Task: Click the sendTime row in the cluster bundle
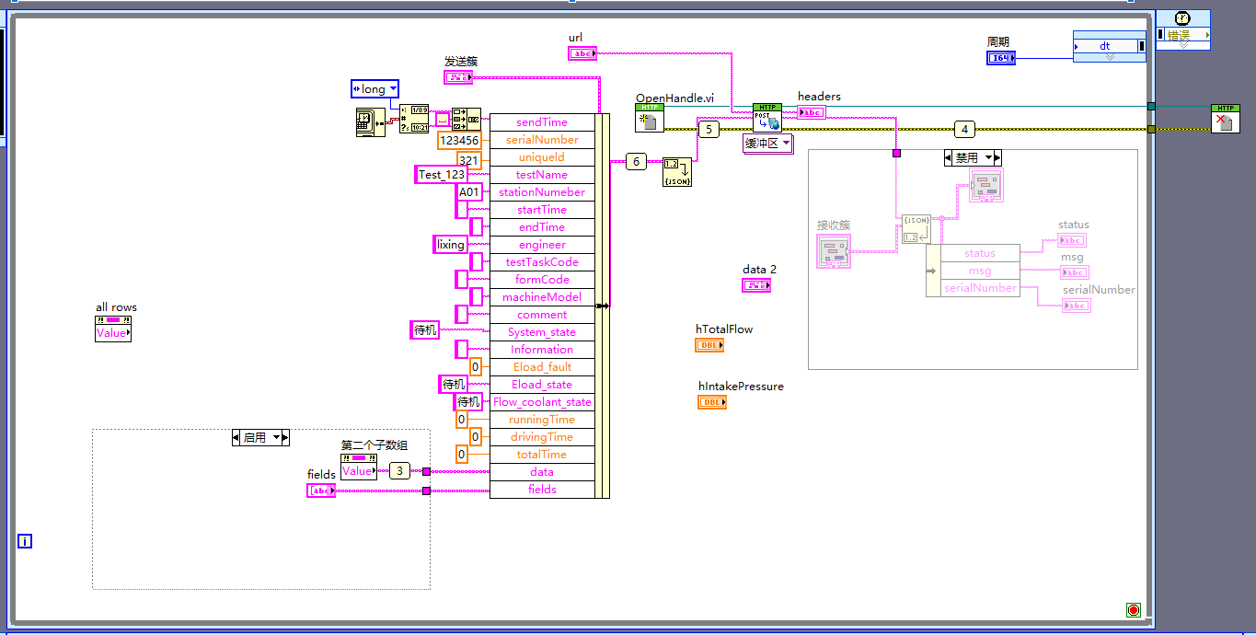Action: pyautogui.click(x=542, y=122)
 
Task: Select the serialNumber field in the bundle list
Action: pyautogui.click(x=542, y=140)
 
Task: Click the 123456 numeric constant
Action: pyautogui.click(x=459, y=141)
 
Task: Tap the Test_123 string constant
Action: pyautogui.click(x=442, y=175)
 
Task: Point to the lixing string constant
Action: pyautogui.click(x=450, y=245)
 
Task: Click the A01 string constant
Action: pyautogui.click(x=469, y=192)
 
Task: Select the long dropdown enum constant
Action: pyautogui.click(x=374, y=89)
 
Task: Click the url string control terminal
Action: pyautogui.click(x=582, y=53)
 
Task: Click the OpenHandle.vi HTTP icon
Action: pyautogui.click(x=650, y=119)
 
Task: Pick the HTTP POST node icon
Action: pyautogui.click(x=766, y=118)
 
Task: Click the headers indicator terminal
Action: pyautogui.click(x=811, y=112)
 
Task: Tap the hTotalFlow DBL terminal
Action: pyautogui.click(x=709, y=345)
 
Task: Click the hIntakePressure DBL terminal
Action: pyautogui.click(x=712, y=402)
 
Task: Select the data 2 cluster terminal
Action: pyautogui.click(x=756, y=285)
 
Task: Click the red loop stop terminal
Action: pyautogui.click(x=1133, y=610)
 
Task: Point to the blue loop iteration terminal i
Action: pyautogui.click(x=25, y=541)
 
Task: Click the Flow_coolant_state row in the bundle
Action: pyautogui.click(x=542, y=402)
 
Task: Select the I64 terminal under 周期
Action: pyautogui.click(x=1001, y=58)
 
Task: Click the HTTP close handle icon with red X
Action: pyautogui.click(x=1225, y=119)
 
